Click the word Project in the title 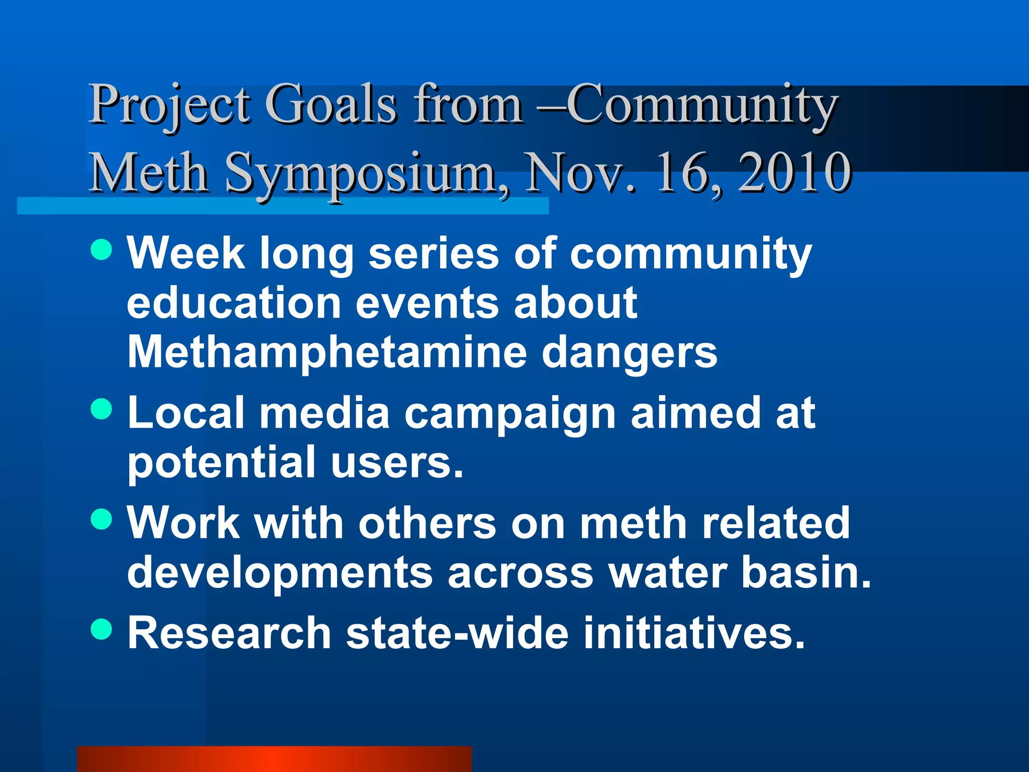click(169, 106)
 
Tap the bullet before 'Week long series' click(101, 249)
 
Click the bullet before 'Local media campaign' click(101, 409)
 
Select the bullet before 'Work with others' click(101, 519)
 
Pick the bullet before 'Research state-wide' click(101, 629)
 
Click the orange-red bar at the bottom click(274, 759)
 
